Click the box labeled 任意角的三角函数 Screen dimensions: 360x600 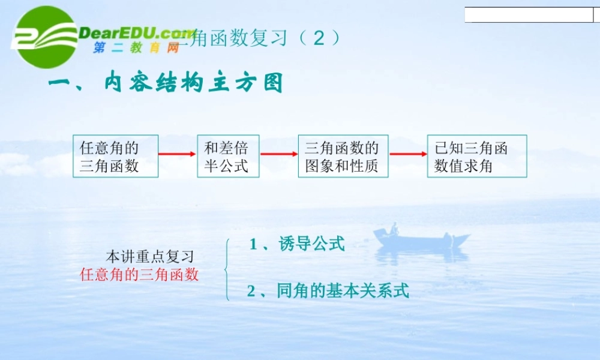pyautogui.click(x=116, y=156)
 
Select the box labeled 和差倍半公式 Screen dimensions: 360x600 pyautogui.click(x=228, y=156)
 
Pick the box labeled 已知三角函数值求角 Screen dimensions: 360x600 pyautogui.click(x=477, y=156)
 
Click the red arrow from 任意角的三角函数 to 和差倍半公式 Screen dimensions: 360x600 pyautogui.click(x=178, y=154)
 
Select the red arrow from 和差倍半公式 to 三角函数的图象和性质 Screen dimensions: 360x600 pyautogui.click(x=279, y=154)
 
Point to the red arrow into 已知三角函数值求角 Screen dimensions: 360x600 pyautogui.click(x=408, y=154)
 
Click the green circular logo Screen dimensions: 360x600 pyautogui.click(x=46, y=37)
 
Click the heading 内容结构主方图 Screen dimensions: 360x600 pyautogui.click(x=166, y=83)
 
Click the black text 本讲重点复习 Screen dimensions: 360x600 pyautogui.click(x=150, y=256)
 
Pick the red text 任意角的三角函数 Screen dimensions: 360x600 pyautogui.click(x=139, y=275)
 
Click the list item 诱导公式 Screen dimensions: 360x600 pyautogui.click(x=297, y=244)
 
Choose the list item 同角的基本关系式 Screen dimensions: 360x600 pyautogui.click(x=328, y=292)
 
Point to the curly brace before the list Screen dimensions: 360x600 pyautogui.click(x=227, y=269)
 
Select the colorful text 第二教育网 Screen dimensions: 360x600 pyautogui.click(x=136, y=48)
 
